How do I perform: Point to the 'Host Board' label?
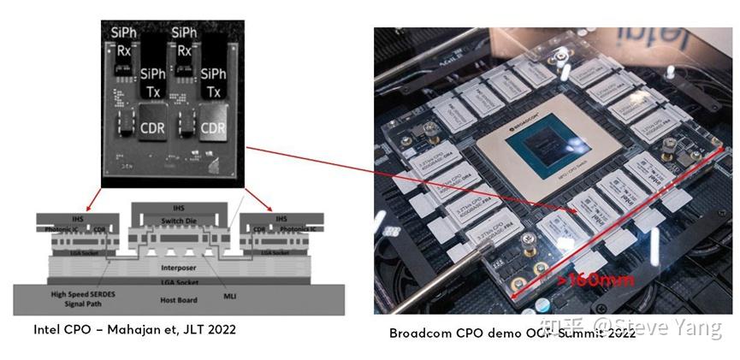[179, 300]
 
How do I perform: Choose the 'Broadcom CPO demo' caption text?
[453, 333]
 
